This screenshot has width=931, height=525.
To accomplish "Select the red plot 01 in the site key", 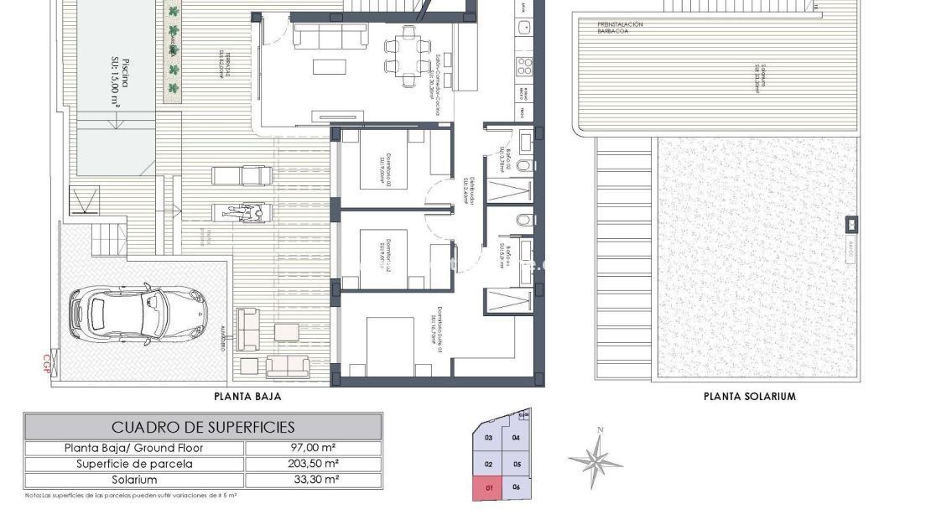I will [x=487, y=487].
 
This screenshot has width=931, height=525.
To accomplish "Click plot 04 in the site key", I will [x=516, y=438].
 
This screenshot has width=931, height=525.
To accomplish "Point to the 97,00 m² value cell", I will [x=313, y=448].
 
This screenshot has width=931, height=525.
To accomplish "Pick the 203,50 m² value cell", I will [x=313, y=464].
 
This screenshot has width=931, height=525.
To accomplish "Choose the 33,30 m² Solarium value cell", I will [x=313, y=480].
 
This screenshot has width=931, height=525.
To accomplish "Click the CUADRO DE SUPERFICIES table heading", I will [x=203, y=427].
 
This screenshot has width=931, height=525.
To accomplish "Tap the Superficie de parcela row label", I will [x=134, y=464].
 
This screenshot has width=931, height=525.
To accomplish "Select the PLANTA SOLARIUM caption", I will [x=749, y=397].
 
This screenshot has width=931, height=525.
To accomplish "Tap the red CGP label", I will [x=46, y=363].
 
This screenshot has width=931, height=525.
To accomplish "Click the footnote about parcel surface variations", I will [x=131, y=496].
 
